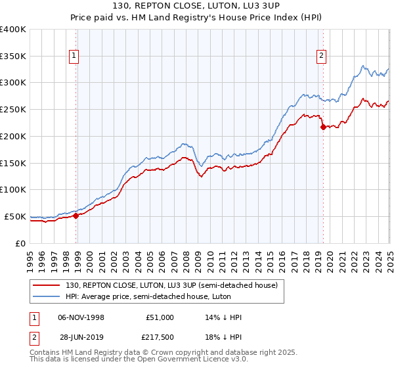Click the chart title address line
196,7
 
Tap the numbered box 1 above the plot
75,57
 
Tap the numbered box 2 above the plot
322,57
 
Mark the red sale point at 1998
76,215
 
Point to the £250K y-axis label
13,109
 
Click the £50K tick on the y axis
16,216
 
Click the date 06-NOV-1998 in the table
81,317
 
